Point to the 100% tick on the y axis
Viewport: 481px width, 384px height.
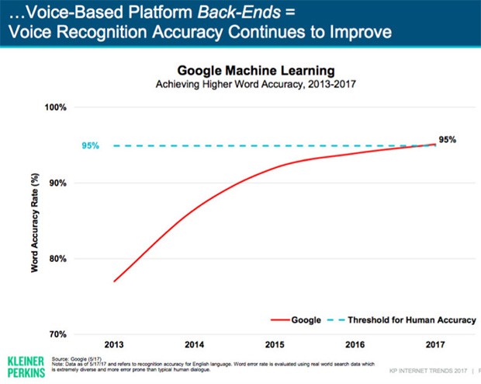[57, 107]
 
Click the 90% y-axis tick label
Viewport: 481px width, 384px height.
[60, 183]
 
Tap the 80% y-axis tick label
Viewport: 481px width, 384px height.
[60, 259]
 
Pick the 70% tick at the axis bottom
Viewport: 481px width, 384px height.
[60, 334]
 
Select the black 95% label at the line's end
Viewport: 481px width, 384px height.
[447, 140]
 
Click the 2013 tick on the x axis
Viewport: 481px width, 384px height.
[116, 343]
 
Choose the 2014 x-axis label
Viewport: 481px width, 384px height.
[195, 343]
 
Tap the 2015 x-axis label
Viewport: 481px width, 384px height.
[275, 343]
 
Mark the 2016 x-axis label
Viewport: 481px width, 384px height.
[355, 343]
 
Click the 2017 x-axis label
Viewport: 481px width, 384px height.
[434, 343]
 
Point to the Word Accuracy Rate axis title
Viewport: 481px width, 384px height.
[35, 222]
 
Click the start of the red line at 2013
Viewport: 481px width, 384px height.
[115, 281]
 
